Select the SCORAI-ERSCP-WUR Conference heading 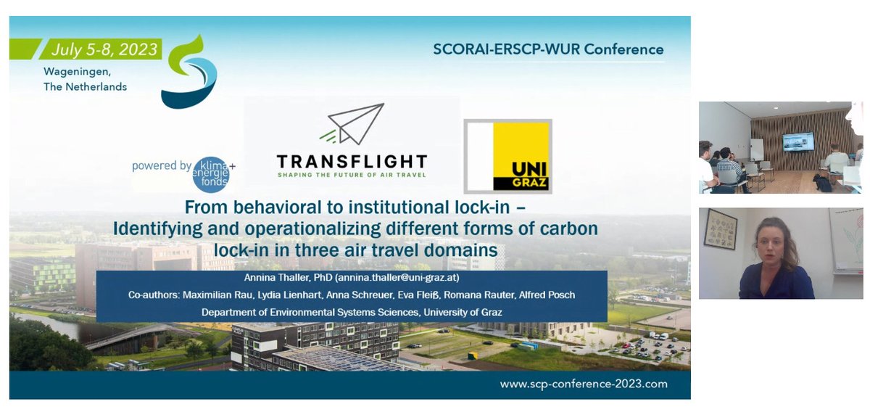coord(548,49)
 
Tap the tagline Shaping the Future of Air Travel coord(352,174)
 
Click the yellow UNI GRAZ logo coord(507,156)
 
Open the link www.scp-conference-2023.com coord(583,384)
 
